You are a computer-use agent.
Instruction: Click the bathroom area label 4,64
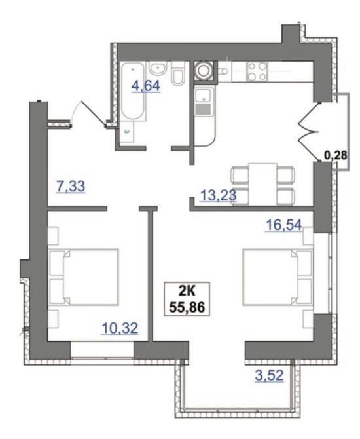point(146,86)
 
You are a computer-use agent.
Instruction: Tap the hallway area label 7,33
point(71,187)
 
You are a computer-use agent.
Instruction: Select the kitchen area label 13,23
point(218,195)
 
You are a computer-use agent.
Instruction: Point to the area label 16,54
point(284,225)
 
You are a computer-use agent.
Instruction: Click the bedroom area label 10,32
point(120,328)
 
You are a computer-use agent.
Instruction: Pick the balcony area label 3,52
point(270,375)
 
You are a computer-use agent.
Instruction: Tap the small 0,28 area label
point(336,155)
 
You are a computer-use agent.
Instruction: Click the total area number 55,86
point(187,307)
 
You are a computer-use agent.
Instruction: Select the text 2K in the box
point(187,292)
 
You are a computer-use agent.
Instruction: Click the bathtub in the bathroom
point(133,92)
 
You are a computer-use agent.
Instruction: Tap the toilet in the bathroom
point(178,74)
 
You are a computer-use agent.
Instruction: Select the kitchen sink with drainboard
point(204,101)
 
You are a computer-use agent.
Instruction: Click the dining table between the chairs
point(263,183)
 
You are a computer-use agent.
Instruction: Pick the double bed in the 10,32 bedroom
point(84,277)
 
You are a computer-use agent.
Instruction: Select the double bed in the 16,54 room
point(278,277)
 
